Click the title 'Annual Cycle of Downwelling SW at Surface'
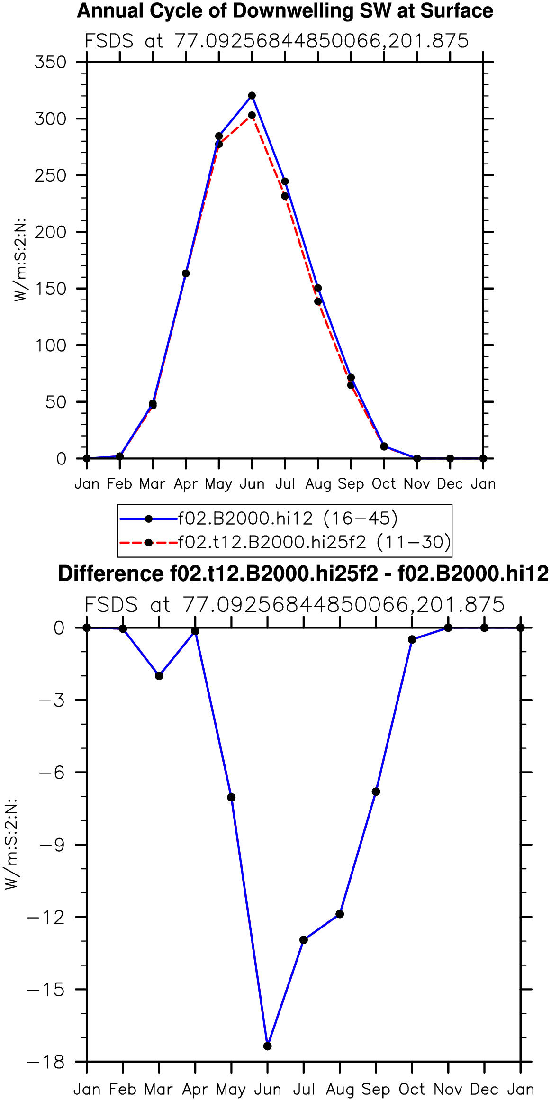click(285, 11)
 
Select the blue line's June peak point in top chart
click(252, 96)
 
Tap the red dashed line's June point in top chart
click(252, 115)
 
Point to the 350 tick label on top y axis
click(50, 62)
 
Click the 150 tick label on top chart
click(50, 289)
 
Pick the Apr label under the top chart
click(186, 484)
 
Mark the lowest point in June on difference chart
click(268, 1046)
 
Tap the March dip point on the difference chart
click(159, 676)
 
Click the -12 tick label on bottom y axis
click(46, 917)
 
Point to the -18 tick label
click(46, 1062)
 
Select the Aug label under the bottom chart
click(340, 1090)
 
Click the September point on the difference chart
click(376, 792)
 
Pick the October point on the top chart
click(384, 446)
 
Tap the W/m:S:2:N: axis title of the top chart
click(19, 260)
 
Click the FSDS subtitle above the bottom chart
click(295, 605)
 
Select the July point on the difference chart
click(304, 940)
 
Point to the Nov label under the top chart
click(417, 484)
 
